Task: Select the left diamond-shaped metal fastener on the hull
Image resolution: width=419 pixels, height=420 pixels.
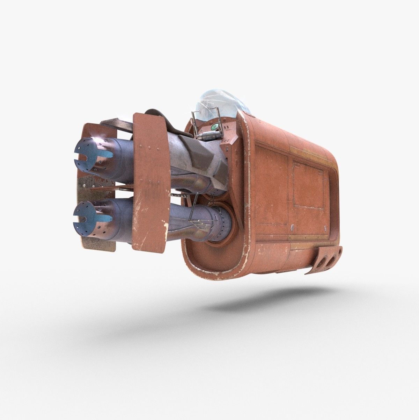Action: [x=292, y=226]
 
